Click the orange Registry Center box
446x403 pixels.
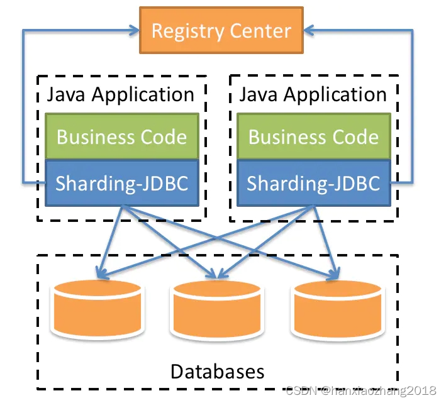[221, 30]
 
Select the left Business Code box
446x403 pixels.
[121, 136]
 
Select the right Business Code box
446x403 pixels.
[313, 136]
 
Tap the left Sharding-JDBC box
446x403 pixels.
[121, 182]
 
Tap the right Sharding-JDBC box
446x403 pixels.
[313, 182]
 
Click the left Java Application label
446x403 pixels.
[121, 95]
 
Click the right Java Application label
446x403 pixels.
[313, 95]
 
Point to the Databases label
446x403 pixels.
[217, 370]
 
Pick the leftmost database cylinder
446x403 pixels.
[97, 309]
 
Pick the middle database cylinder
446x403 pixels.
[216, 309]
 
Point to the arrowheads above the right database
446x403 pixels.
[333, 274]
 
